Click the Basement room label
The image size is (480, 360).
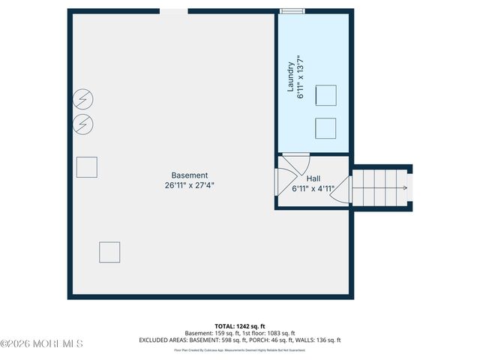[x=189, y=175]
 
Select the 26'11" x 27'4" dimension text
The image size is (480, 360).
[x=194, y=185]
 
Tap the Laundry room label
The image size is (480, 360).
[x=291, y=77]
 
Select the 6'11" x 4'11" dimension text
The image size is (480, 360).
[x=313, y=189]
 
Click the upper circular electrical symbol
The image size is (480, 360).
[x=83, y=100]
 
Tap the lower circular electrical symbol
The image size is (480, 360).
[x=83, y=123]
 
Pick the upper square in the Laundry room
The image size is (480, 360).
[x=325, y=95]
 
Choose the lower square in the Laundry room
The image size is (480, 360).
[x=325, y=127]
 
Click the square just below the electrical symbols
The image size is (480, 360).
[x=87, y=166]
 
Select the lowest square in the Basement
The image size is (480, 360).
[x=109, y=252]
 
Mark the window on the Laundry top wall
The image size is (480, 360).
[x=292, y=11]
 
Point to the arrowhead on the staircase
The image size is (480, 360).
[x=406, y=188]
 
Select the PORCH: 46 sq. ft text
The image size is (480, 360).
[x=277, y=340]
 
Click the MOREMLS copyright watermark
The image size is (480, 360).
[x=41, y=343]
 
